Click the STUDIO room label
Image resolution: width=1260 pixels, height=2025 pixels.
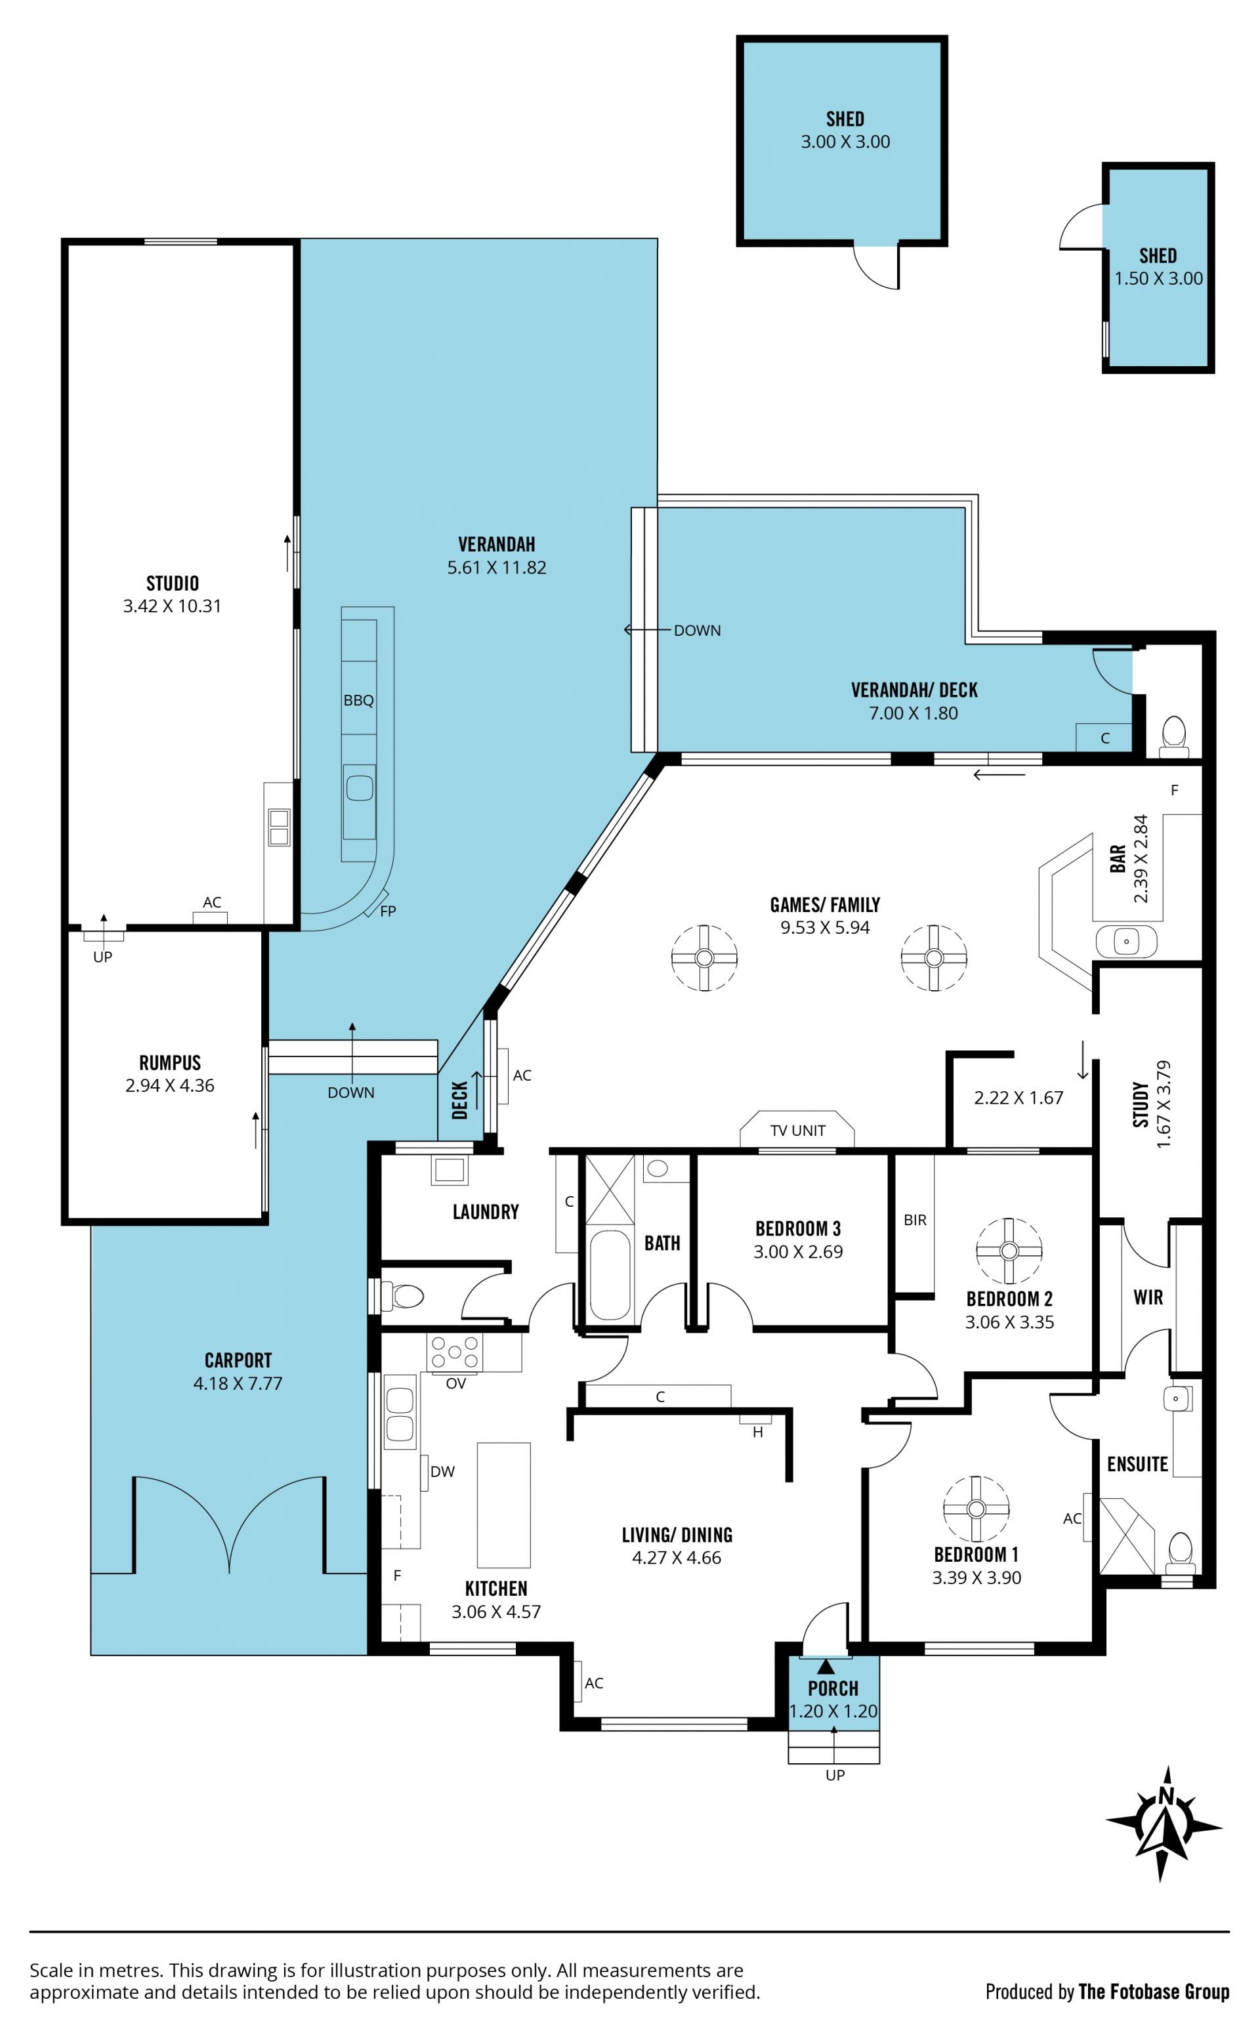173,583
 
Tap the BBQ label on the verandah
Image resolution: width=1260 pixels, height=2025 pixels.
358,701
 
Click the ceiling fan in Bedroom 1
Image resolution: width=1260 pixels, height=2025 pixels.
976,1509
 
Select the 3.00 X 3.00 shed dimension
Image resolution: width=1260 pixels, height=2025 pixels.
845,142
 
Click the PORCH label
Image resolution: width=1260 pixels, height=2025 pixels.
833,1688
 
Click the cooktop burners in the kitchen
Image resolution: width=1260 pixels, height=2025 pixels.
454,1353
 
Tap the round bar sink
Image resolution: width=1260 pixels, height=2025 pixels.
1127,942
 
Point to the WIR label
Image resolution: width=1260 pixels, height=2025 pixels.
1148,1297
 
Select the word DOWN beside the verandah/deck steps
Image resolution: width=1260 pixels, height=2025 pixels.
698,631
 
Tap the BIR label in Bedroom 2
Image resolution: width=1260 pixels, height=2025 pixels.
915,1219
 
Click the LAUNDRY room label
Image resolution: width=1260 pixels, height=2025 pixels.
485,1212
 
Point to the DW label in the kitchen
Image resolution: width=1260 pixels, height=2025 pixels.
442,1472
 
